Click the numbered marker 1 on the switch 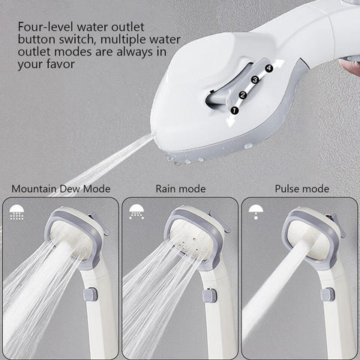pyautogui.click(x=234, y=110)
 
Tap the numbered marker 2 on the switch pyautogui.click(x=243, y=95)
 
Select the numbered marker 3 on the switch pyautogui.click(x=255, y=80)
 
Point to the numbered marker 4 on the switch pyautogui.click(x=268, y=68)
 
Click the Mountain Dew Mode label pyautogui.click(x=61, y=189)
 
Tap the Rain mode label pyautogui.click(x=181, y=189)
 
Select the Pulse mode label pyautogui.click(x=302, y=189)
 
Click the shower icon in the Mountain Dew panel pyautogui.click(x=16, y=212)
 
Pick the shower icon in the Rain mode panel pyautogui.click(x=136, y=211)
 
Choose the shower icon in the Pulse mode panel pyautogui.click(x=256, y=212)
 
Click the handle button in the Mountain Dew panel pyautogui.click(x=90, y=295)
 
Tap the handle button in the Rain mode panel pyautogui.click(x=210, y=295)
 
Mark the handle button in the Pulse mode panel pyautogui.click(x=328, y=295)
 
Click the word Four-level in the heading pyautogui.click(x=46, y=27)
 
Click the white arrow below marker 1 pyautogui.click(x=231, y=122)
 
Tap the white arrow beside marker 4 pyautogui.click(x=278, y=64)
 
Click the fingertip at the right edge pyautogui.click(x=350, y=67)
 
